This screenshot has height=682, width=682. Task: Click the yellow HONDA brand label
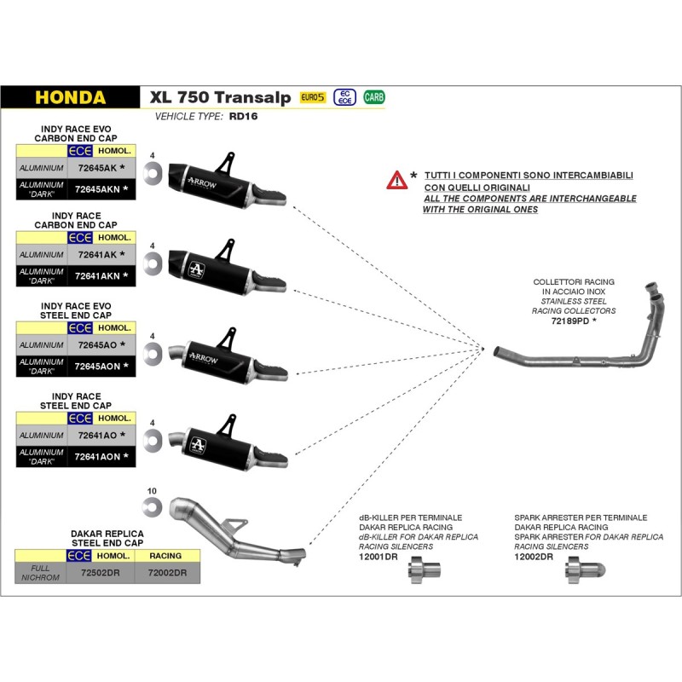[x=71, y=97]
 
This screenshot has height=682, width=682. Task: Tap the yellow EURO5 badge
[x=313, y=98]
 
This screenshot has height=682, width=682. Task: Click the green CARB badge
[x=373, y=97]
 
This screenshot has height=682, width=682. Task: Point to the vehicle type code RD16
[x=245, y=117]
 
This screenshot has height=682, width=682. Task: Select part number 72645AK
[x=97, y=168]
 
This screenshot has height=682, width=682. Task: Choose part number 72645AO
[x=97, y=344]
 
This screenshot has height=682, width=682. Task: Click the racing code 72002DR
[x=166, y=573]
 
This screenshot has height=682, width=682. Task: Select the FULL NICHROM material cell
[x=40, y=573]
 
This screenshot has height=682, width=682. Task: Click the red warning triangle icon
[x=396, y=180]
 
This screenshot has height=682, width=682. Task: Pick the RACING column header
[x=165, y=556]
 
